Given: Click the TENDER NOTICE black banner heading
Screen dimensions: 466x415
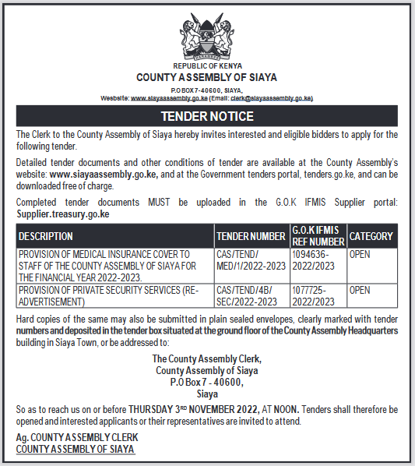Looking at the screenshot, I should point(207,116).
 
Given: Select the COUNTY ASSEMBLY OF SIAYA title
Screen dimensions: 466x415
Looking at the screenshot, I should point(206,77).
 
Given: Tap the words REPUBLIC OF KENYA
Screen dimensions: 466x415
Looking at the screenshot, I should point(206,67).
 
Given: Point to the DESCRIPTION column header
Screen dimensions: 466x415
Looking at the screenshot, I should point(46,236).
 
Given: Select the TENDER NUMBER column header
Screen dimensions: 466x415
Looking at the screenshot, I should point(251,236).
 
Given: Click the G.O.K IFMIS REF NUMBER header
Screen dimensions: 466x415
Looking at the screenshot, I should point(317,235).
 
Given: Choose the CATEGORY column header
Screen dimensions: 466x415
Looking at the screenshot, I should point(371,236).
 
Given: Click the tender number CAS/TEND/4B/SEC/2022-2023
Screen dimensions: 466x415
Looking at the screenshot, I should point(251,295).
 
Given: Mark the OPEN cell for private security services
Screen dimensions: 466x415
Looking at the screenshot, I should point(360,291).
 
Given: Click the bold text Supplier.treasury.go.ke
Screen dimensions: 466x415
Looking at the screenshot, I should point(63,214).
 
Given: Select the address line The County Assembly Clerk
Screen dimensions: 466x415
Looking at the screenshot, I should point(206,358).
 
